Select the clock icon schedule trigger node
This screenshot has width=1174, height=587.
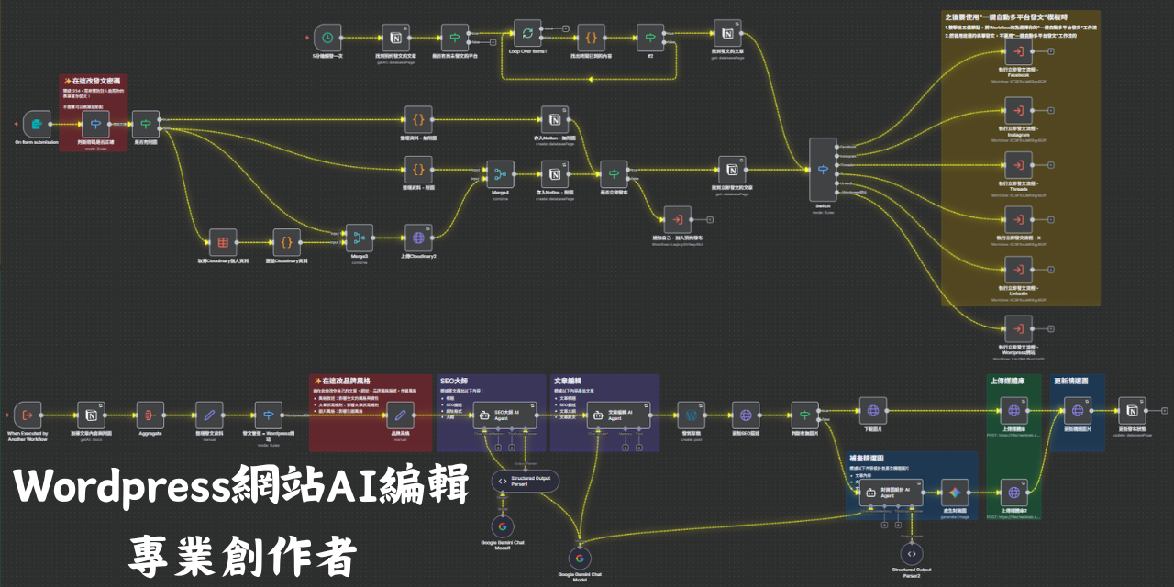tap(327, 38)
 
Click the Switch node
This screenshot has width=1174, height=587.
tap(822, 169)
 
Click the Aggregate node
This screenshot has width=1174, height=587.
tap(150, 415)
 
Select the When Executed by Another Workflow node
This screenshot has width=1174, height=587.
tap(28, 415)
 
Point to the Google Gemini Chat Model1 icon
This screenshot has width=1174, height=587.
tap(502, 527)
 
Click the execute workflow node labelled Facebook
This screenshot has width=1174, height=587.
tap(1017, 50)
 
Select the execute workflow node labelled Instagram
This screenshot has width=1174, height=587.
tap(1017, 108)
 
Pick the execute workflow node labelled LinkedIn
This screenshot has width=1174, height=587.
tap(1017, 271)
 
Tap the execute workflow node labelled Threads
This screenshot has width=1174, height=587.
tap(1017, 164)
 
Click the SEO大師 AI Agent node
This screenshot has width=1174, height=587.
tap(500, 415)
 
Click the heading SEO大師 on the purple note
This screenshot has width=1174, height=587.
tap(455, 380)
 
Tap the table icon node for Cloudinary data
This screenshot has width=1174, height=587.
tap(222, 242)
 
